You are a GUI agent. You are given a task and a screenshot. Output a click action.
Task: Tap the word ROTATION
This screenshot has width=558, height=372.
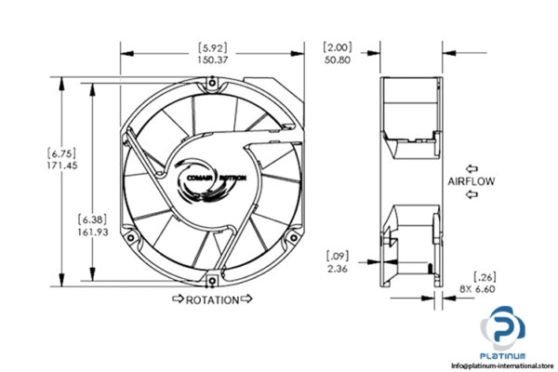[x=212, y=300]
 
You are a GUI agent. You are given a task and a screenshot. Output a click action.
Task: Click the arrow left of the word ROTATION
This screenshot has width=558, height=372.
[x=177, y=300]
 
